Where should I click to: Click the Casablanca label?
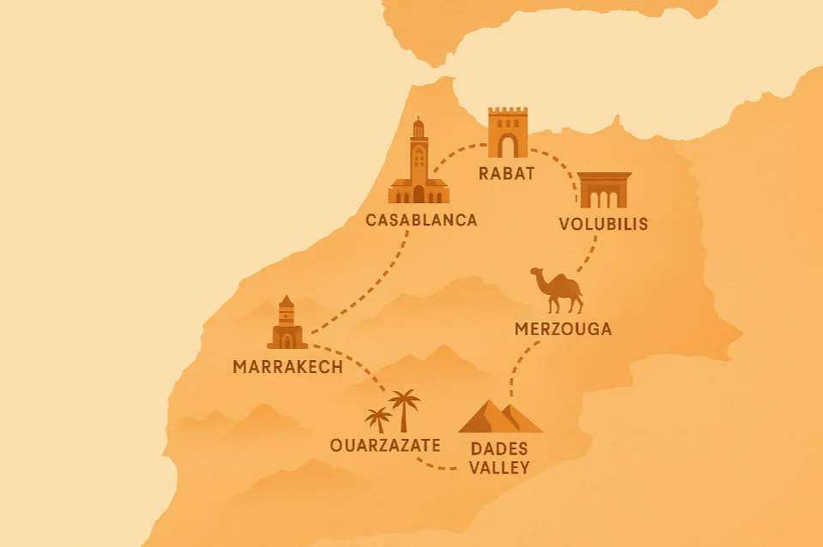(421, 220)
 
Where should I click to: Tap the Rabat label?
(508, 174)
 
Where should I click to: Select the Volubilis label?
(603, 225)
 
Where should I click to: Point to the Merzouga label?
(563, 328)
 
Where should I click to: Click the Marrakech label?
(287, 367)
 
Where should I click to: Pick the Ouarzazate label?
(385, 445)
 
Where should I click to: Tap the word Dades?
(500, 449)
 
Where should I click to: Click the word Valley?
(500, 468)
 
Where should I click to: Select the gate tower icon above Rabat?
(508, 133)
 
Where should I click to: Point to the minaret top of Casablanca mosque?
(418, 125)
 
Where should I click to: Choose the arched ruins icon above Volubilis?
(604, 190)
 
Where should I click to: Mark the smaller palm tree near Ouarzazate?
(378, 419)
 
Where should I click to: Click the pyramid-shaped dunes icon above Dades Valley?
(500, 418)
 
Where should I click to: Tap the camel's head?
(537, 273)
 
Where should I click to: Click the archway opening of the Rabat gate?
(508, 146)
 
